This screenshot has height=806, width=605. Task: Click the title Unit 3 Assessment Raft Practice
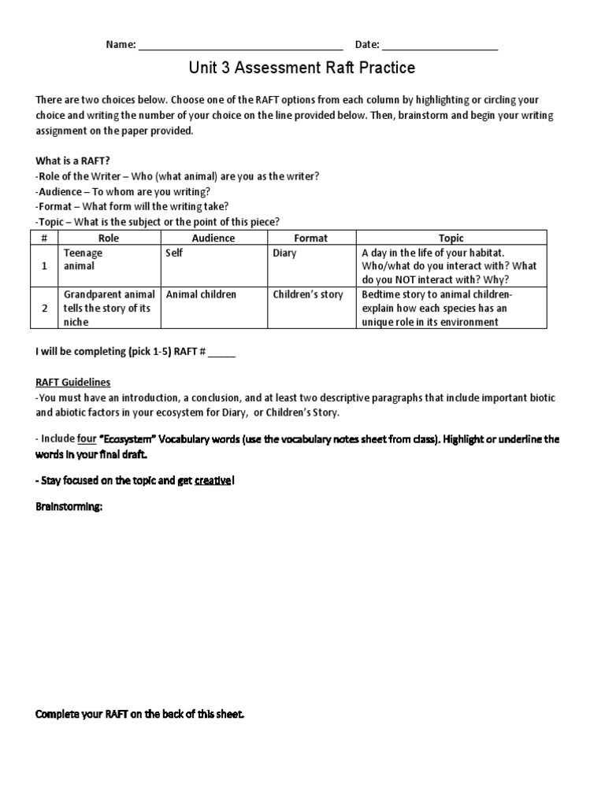pyautogui.click(x=302, y=69)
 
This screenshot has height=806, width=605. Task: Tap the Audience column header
pyautogui.click(x=213, y=238)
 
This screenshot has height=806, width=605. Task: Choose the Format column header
pyautogui.click(x=310, y=238)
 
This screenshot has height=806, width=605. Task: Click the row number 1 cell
pyautogui.click(x=44, y=267)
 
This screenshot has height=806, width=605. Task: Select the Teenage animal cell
pyautogui.click(x=83, y=260)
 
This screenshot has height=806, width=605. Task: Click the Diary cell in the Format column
pyautogui.click(x=284, y=253)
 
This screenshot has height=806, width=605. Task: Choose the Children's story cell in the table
pyautogui.click(x=308, y=294)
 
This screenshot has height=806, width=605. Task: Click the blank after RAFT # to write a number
pyautogui.click(x=221, y=353)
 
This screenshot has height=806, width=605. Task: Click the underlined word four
pyautogui.click(x=87, y=438)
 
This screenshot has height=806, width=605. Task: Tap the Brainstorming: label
pyautogui.click(x=69, y=507)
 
